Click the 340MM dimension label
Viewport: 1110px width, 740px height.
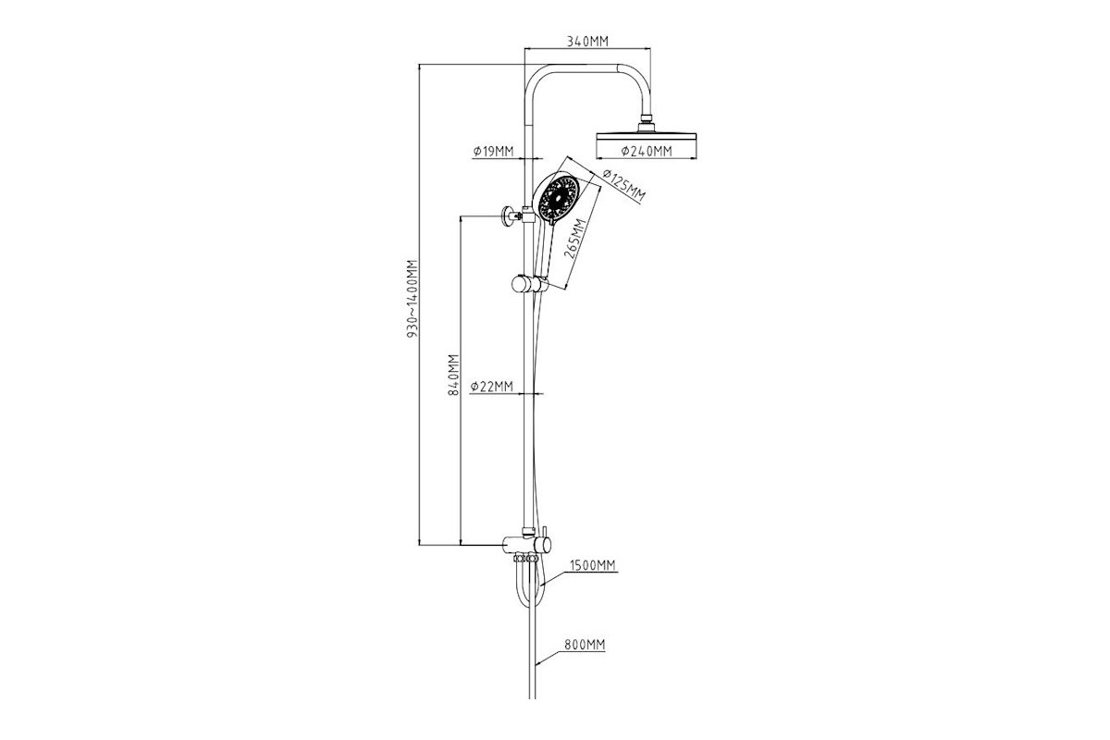[587, 41]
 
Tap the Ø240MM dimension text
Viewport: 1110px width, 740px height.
[647, 151]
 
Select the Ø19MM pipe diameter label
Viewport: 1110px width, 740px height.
[494, 151]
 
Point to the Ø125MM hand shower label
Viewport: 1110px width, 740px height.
[623, 186]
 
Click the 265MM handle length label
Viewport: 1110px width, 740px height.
[575, 239]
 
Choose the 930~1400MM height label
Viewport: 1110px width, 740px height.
[413, 299]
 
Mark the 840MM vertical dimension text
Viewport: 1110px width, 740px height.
[453, 375]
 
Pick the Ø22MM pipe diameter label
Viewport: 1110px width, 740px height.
[492, 387]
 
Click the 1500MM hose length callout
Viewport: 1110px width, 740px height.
[592, 565]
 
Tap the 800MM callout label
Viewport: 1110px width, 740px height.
[585, 645]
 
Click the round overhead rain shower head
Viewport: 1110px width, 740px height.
[647, 137]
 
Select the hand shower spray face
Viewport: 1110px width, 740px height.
[559, 197]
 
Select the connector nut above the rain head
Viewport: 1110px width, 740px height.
[646, 119]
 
